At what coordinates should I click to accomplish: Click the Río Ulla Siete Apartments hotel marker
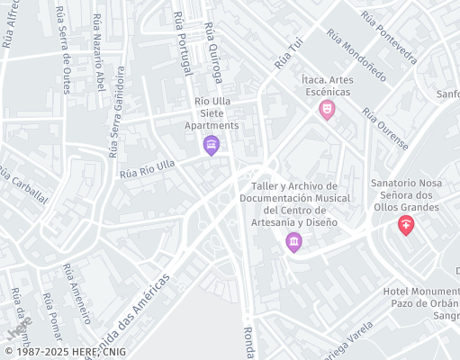212,145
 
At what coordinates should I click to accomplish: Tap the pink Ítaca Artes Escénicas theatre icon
328,110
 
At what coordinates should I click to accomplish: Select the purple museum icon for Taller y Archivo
293,241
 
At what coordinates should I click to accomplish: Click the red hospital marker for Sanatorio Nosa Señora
406,225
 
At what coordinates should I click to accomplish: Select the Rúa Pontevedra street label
389,38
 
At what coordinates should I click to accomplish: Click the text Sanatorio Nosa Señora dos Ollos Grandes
404,195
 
